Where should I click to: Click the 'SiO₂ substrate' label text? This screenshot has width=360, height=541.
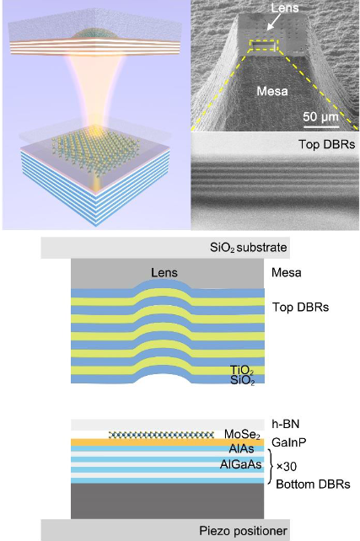coord(249,248)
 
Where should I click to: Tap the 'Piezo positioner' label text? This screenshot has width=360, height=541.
coord(243,531)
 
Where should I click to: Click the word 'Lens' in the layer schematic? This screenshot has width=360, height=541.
coord(164,273)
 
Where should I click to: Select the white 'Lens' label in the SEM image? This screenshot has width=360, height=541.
coord(285,8)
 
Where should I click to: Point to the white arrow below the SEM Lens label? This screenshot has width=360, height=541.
coord(275,24)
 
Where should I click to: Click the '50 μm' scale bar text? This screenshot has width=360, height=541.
coord(321,117)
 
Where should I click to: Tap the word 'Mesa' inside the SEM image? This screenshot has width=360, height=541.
coord(272,91)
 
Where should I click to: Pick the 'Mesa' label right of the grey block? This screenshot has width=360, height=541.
coord(287,272)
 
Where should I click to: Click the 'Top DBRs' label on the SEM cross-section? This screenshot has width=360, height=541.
coord(326,144)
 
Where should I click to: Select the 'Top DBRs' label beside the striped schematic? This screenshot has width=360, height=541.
coord(301,307)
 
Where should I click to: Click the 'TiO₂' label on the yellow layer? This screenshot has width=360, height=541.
coord(242,371)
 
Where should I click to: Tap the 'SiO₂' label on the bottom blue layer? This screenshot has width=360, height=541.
coord(242,381)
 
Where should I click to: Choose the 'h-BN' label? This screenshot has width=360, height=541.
coord(286,424)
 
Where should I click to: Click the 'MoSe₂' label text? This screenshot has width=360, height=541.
coord(242,434)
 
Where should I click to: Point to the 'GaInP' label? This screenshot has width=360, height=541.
coord(289,442)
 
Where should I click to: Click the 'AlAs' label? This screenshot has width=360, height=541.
coord(242,449)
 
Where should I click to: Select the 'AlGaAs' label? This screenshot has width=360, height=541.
coord(241,464)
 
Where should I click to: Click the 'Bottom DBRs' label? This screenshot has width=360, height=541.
coord(313,484)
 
